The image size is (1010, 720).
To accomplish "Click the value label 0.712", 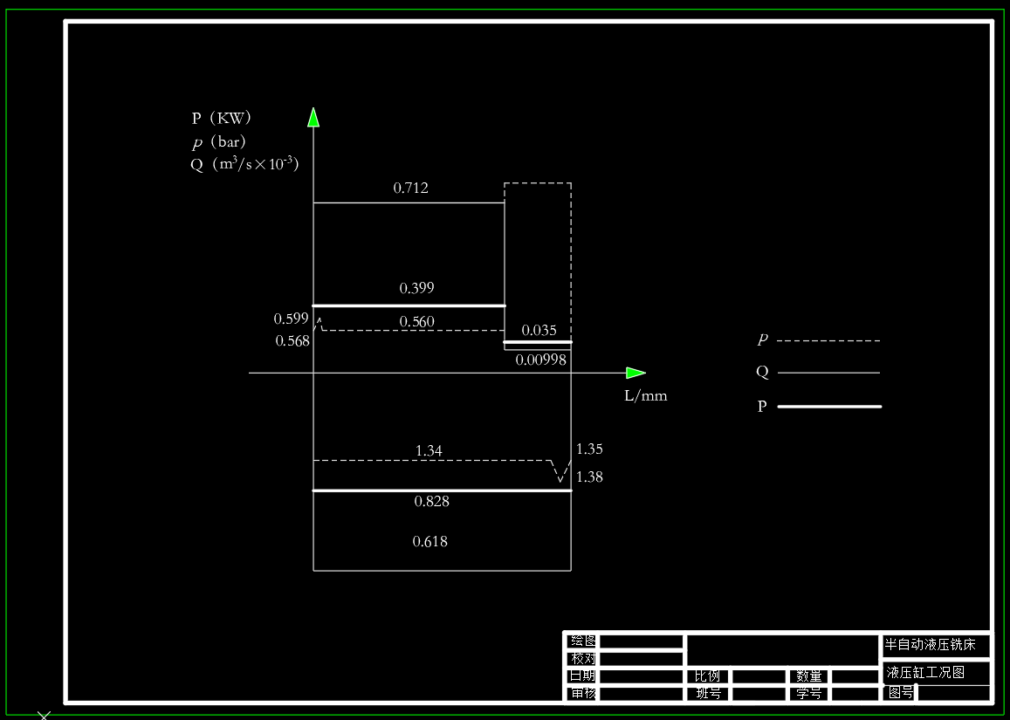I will (411, 188).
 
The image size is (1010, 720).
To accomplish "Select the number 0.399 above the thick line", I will (416, 288).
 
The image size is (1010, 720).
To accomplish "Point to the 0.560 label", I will (416, 322).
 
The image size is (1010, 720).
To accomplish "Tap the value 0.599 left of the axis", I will (292, 319).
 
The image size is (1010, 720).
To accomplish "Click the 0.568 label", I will (292, 341).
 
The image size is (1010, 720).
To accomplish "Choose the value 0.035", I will (539, 331).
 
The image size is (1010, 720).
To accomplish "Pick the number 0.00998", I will (541, 359).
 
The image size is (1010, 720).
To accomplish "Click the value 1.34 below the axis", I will (429, 450).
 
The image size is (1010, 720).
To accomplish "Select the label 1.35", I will (589, 449).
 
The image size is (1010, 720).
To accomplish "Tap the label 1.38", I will (589, 477).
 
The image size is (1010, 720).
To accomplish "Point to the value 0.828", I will (432, 502).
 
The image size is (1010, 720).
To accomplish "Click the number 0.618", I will (429, 542).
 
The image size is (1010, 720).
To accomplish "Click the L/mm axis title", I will (646, 395).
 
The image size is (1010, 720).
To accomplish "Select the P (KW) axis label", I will (222, 119).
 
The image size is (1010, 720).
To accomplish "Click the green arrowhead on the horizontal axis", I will (636, 374).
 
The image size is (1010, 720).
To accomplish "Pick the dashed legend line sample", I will (828, 340).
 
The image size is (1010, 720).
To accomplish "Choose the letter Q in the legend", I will (762, 373).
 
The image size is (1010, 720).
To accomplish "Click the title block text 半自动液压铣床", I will (936, 646).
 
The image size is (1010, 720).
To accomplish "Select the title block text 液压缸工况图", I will (925, 673).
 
